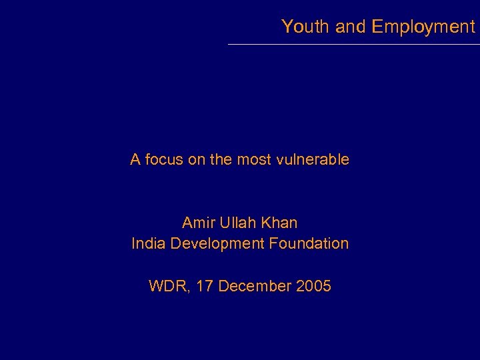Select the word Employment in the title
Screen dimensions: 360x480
click(x=423, y=27)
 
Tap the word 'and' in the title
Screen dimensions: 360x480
click(x=351, y=27)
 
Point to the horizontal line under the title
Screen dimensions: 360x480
click(x=353, y=44)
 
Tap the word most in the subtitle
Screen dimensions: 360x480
click(x=253, y=160)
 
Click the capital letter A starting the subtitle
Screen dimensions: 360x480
click(x=135, y=160)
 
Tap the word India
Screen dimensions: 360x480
click(x=149, y=243)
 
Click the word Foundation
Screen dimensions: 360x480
click(x=309, y=243)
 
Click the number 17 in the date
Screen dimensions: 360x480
click(x=205, y=287)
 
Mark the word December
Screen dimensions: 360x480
click(x=255, y=287)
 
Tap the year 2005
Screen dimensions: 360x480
click(x=313, y=287)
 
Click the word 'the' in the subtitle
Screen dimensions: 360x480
click(x=220, y=160)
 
